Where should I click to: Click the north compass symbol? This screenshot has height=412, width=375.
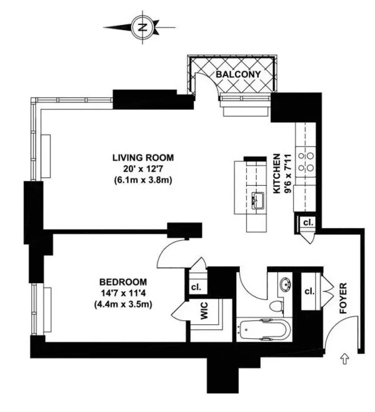click(143, 27)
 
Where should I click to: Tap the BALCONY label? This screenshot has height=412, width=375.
click(234, 74)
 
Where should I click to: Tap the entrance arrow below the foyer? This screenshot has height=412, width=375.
click(343, 359)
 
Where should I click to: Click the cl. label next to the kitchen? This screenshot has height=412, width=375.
click(307, 223)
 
